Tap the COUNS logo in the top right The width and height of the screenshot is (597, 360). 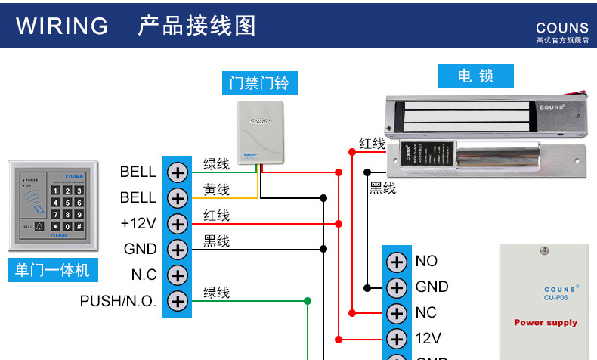pyautogui.click(x=561, y=29)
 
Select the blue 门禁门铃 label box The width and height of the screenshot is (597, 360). pyautogui.click(x=259, y=82)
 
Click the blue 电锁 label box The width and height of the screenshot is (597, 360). pyautogui.click(x=475, y=76)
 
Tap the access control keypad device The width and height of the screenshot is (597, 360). pyautogui.click(x=52, y=205)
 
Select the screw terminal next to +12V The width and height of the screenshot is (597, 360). pyautogui.click(x=177, y=224)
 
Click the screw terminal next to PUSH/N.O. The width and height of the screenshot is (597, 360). pyautogui.click(x=177, y=301)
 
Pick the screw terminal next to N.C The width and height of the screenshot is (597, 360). pyautogui.click(x=177, y=275)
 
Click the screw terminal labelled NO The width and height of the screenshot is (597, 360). pyautogui.click(x=396, y=262)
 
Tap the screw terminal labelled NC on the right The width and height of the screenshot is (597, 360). pyautogui.click(x=396, y=312)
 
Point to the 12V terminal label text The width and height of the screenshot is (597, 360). pyautogui.click(x=428, y=338)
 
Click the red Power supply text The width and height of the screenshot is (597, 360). pyautogui.click(x=545, y=323)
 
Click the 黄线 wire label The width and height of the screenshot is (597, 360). pyautogui.click(x=216, y=190)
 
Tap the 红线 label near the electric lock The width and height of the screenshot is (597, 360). pyautogui.click(x=372, y=144)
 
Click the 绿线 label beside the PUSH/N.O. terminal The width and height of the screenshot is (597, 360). pyautogui.click(x=216, y=293)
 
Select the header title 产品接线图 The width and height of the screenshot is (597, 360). pyautogui.click(x=197, y=26)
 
